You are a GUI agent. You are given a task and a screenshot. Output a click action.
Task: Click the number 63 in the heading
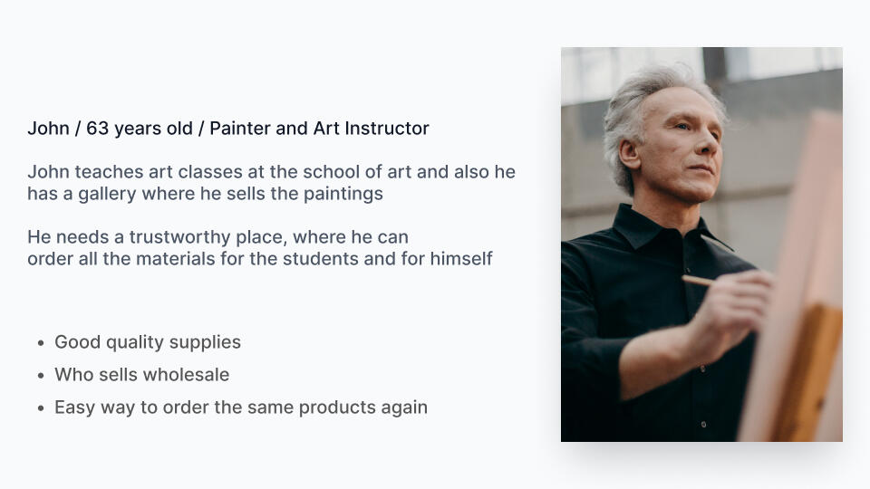pos(97,129)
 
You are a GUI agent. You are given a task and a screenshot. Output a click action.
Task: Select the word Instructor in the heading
pos(387,129)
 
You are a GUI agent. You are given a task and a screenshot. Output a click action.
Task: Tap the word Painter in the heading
pos(239,129)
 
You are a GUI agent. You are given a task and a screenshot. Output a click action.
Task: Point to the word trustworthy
pos(208,238)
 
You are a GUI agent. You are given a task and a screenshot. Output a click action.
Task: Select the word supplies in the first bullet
pos(205,343)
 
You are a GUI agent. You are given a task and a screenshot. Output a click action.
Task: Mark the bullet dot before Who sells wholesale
pos(41,376)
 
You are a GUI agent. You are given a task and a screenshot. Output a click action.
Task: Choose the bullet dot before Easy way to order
pos(41,408)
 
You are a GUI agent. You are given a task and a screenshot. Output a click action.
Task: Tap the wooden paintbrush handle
pos(698,281)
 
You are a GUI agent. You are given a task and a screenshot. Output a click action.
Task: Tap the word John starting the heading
pos(49,129)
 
